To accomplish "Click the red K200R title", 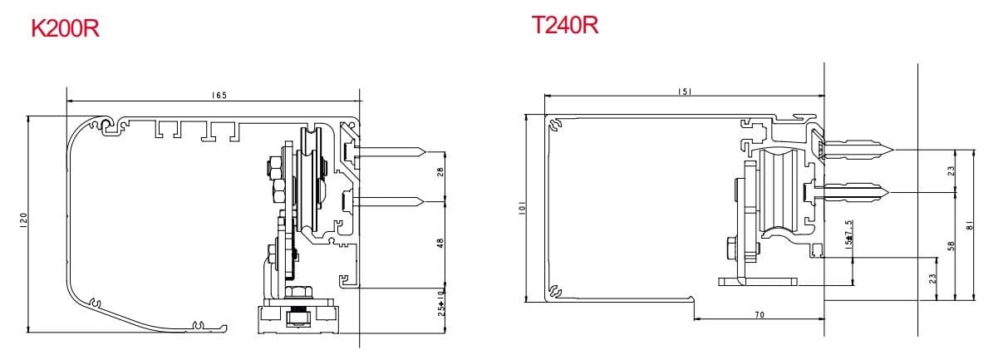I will [66, 29].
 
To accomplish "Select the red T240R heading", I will [565, 25].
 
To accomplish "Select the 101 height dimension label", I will [521, 210].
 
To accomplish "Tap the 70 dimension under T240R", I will [760, 315].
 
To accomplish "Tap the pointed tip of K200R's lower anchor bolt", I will [426, 201].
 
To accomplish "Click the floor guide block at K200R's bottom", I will [297, 319].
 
